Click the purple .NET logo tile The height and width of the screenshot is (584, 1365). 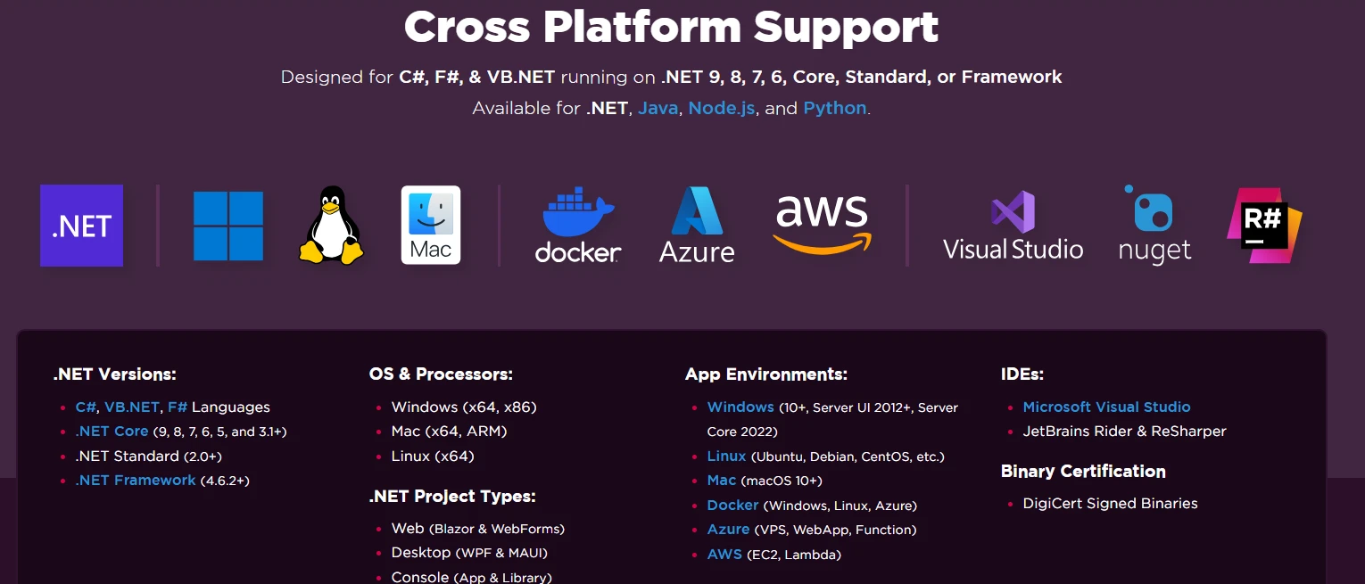coord(81,226)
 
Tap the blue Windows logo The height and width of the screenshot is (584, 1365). coord(228,226)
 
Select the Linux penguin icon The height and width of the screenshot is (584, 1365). coord(332,226)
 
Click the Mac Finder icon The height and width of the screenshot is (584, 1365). coord(431,226)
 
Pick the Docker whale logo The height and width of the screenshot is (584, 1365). coord(578,226)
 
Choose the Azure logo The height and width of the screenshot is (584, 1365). coord(697,226)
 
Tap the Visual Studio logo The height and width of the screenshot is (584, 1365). coord(1013,226)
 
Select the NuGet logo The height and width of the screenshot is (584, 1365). coord(1154,226)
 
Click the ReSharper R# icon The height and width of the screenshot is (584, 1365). coord(1264,226)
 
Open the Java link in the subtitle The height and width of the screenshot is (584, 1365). coord(658,108)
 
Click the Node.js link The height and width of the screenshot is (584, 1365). coord(722,108)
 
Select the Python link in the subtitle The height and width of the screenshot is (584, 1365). coord(835,108)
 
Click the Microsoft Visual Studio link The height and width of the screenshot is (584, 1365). coord(1106,407)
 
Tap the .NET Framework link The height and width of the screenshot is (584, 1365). coord(136,480)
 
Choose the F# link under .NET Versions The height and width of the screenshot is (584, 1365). coord(178,407)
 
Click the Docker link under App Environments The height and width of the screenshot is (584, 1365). coord(732,505)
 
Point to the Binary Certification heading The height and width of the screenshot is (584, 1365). coord(1083,471)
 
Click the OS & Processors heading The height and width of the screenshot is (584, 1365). coord(441,374)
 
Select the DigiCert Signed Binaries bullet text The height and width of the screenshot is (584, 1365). coord(1110,504)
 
